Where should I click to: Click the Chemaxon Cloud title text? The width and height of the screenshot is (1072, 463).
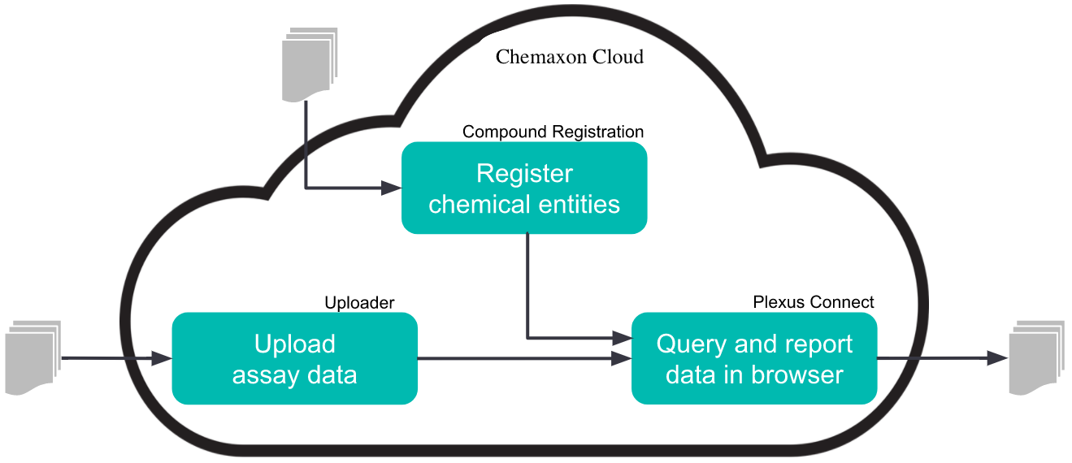coord(569,57)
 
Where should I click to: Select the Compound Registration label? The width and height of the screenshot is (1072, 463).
coord(553,132)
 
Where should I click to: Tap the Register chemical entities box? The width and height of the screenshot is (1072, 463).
coord(524,188)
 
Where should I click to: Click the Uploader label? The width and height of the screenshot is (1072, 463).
coord(359,303)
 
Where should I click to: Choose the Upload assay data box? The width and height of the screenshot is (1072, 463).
coord(294,358)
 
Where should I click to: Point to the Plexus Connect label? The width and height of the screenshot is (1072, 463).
coord(814,302)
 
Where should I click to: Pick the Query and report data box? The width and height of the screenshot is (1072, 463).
coord(754,358)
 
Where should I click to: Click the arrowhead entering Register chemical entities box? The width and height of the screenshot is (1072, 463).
coord(392,188)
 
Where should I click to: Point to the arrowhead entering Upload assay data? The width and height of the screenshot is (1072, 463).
coord(162,358)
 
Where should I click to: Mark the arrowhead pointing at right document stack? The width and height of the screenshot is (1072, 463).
coord(997,358)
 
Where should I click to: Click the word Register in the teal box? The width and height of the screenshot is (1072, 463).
coord(524,174)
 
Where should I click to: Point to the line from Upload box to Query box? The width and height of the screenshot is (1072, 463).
coord(520,358)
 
